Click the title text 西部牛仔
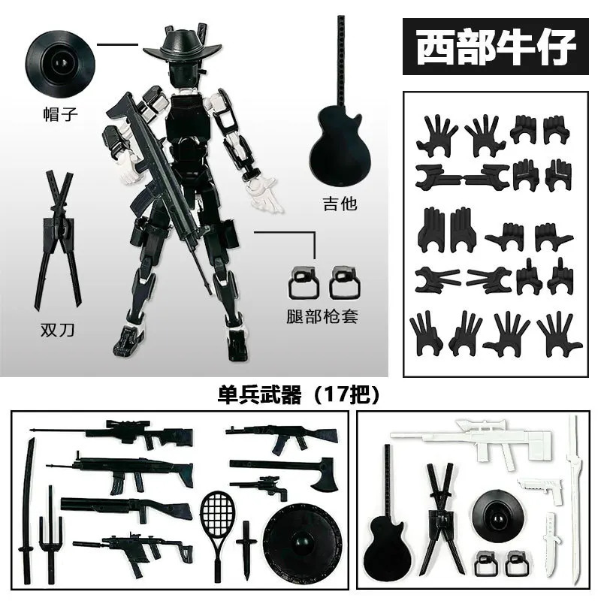pyautogui.click(x=496, y=47)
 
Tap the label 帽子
pyautogui.click(x=61, y=114)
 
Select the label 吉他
pyautogui.click(x=340, y=204)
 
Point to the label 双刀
pyautogui.click(x=58, y=330)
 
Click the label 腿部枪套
pyautogui.click(x=322, y=316)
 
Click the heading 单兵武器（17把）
pyautogui.click(x=298, y=394)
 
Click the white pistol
pyautogui.click(x=540, y=488)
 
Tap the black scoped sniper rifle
pyautogui.click(x=111, y=433)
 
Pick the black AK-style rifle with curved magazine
pyautogui.click(x=282, y=436)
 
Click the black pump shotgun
pyautogui.click(x=126, y=508)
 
